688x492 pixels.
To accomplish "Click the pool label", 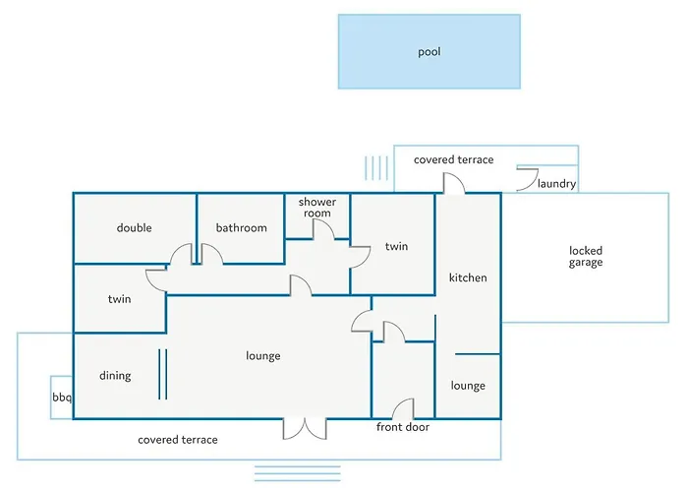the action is (x=430, y=52).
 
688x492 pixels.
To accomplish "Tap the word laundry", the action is (x=557, y=184).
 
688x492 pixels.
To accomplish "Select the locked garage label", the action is (x=586, y=257).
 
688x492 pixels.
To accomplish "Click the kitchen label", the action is (x=468, y=277).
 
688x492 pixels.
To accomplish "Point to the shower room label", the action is (x=317, y=208).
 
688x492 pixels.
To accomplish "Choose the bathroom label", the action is (x=242, y=227).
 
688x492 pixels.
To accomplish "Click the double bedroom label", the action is (x=135, y=227).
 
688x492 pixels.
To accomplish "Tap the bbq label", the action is (x=62, y=398).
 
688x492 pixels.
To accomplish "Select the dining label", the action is (x=115, y=376).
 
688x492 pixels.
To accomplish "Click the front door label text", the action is (x=403, y=427).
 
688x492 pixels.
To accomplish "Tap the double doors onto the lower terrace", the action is (x=305, y=429).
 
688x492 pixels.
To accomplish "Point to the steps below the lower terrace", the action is (x=298, y=473).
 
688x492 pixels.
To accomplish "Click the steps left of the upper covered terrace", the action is (x=376, y=168).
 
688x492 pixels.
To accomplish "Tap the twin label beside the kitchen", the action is (x=397, y=246).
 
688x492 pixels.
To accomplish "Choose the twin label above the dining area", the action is (x=119, y=299).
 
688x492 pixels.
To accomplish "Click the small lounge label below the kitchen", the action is (x=468, y=386).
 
